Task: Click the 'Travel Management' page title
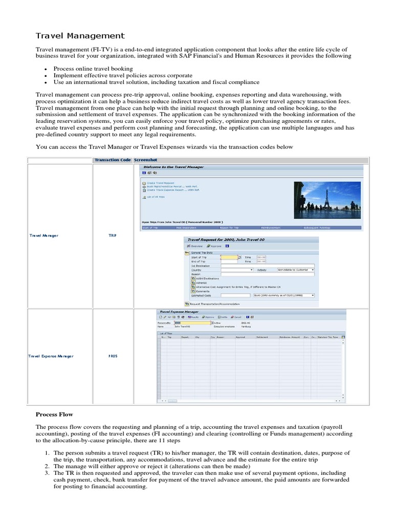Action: pos(80,36)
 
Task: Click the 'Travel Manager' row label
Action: pos(43,235)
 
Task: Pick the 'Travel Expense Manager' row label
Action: pos(51,356)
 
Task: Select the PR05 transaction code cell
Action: pos(113,356)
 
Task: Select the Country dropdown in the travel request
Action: pos(237,269)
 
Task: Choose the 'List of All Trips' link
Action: pos(154,196)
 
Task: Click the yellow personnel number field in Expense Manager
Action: pos(192,323)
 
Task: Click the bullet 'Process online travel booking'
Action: pos(93,69)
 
